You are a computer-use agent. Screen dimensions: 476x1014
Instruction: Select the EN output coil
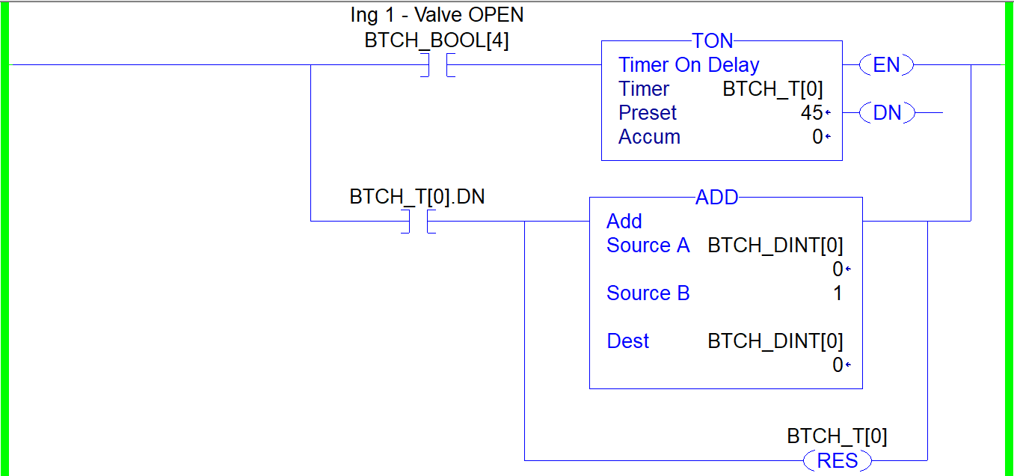click(x=886, y=65)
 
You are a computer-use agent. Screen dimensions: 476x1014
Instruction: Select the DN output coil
click(x=886, y=113)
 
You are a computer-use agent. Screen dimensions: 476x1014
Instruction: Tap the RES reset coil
click(x=837, y=460)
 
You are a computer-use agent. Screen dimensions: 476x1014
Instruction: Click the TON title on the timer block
click(x=713, y=41)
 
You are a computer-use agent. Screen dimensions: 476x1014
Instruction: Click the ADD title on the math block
click(x=716, y=198)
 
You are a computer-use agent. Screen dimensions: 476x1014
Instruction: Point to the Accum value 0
click(x=817, y=137)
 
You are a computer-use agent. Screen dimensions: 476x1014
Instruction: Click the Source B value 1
click(x=838, y=293)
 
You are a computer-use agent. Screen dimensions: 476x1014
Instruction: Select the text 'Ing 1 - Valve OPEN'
click(x=437, y=15)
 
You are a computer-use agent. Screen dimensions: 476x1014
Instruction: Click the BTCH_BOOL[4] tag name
click(x=437, y=40)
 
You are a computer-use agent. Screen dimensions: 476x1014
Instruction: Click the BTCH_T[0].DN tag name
click(x=417, y=197)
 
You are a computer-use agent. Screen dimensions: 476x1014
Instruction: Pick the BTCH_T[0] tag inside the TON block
click(x=772, y=89)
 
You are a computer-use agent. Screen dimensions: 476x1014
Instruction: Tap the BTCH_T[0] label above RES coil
click(x=837, y=436)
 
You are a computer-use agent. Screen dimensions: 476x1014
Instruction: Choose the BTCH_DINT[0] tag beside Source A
click(x=775, y=245)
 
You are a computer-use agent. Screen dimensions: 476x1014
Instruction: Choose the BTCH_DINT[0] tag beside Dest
click(x=775, y=341)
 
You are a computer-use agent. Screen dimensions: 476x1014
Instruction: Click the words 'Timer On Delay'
click(x=689, y=65)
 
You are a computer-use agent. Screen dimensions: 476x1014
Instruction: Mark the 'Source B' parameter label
click(x=648, y=293)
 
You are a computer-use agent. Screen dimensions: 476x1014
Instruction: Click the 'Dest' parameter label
click(x=627, y=341)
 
